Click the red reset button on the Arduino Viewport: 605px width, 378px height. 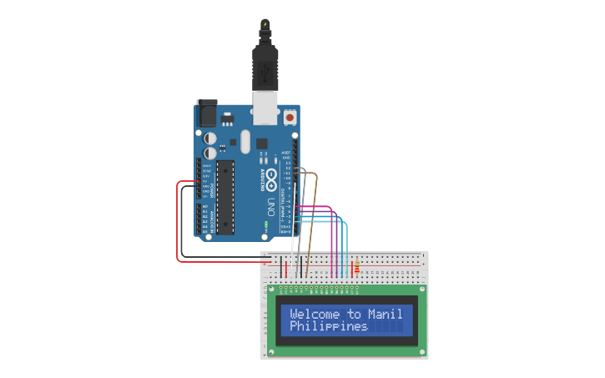point(290,118)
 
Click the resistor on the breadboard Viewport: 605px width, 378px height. point(357,268)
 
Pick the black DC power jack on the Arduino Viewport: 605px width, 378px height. point(205,113)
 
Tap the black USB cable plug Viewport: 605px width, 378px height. point(265,67)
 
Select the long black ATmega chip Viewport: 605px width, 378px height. point(225,197)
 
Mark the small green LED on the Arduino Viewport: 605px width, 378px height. point(265,225)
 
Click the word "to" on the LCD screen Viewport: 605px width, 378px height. point(354,315)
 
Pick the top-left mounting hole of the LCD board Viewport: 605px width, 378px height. point(271,289)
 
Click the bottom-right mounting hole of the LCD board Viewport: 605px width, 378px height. point(422,351)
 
